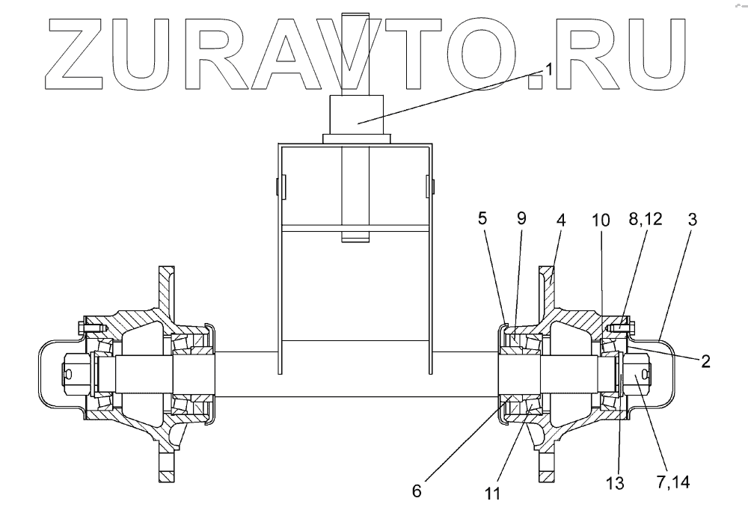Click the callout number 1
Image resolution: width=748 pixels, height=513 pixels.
[548, 69]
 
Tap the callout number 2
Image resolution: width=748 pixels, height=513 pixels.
[705, 362]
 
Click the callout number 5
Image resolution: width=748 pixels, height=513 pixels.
[482, 220]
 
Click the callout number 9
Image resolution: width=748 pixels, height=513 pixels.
[521, 220]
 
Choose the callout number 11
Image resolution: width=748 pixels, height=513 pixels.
[491, 494]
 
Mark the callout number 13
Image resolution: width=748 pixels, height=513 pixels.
[614, 485]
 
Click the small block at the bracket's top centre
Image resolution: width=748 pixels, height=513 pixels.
[357, 115]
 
